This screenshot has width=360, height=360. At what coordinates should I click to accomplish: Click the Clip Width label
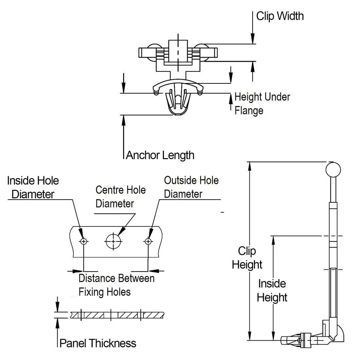(280, 16)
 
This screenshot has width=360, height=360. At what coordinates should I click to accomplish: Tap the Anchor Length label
(160, 155)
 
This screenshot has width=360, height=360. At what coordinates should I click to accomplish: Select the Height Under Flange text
(262, 103)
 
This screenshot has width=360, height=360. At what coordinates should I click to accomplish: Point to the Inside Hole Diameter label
(33, 188)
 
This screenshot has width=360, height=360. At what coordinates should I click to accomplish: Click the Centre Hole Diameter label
(120, 197)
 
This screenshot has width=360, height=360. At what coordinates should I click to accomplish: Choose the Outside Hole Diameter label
(191, 187)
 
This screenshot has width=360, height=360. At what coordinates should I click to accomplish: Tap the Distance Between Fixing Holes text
(116, 285)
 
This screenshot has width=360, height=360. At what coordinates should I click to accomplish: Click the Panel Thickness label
(98, 343)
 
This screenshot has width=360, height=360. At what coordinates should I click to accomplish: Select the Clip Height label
(247, 258)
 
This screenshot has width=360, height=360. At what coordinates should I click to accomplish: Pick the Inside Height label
(272, 291)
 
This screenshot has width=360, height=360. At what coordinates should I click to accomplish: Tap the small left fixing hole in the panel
(84, 242)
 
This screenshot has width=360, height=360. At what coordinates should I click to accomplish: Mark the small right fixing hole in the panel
(148, 242)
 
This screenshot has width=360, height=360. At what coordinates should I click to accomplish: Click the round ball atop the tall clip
(333, 169)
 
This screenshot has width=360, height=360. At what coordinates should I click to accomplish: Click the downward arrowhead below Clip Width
(253, 40)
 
